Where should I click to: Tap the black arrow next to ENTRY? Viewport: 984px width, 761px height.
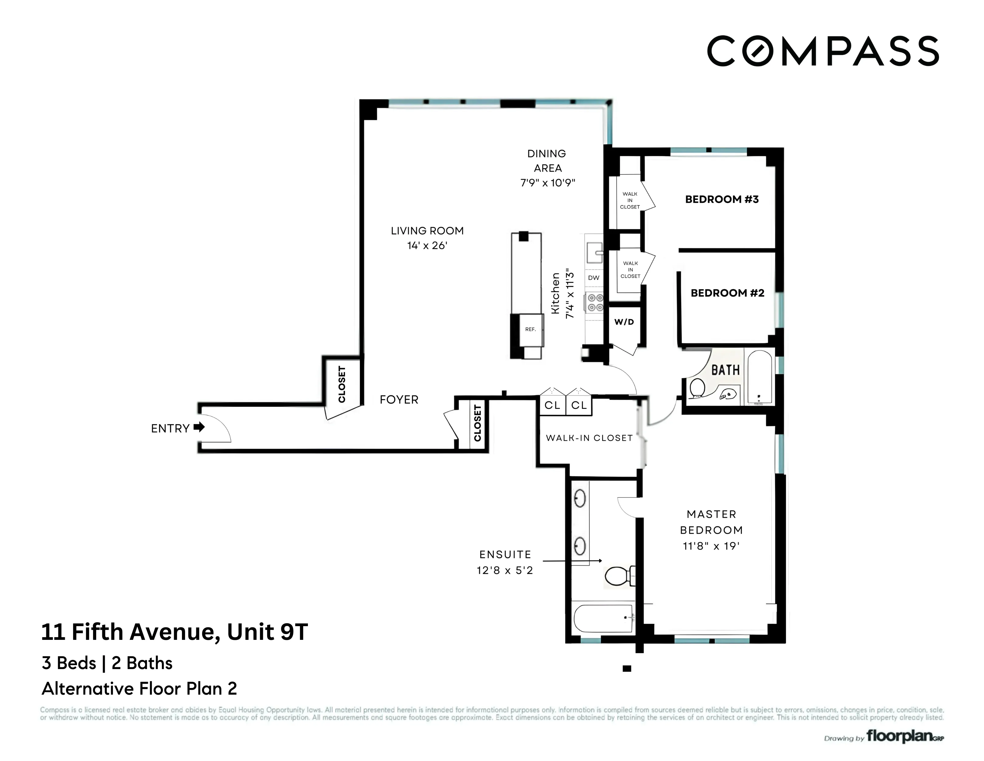click(x=199, y=427)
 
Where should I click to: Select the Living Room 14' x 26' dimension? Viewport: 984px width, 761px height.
click(x=427, y=246)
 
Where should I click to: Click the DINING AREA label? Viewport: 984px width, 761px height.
click(x=547, y=160)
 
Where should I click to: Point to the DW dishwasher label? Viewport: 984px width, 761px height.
click(x=594, y=278)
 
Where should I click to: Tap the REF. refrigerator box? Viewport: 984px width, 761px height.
click(x=530, y=329)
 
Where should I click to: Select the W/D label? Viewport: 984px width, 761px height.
click(x=624, y=322)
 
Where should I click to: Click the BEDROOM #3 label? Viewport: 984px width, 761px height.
click(x=722, y=199)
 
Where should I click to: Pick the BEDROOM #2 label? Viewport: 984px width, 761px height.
click(x=727, y=293)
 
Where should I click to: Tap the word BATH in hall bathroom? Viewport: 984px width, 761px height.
click(x=725, y=370)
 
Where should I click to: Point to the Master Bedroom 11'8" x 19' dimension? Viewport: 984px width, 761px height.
click(x=711, y=546)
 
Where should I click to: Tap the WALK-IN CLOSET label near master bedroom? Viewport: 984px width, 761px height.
click(x=589, y=438)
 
